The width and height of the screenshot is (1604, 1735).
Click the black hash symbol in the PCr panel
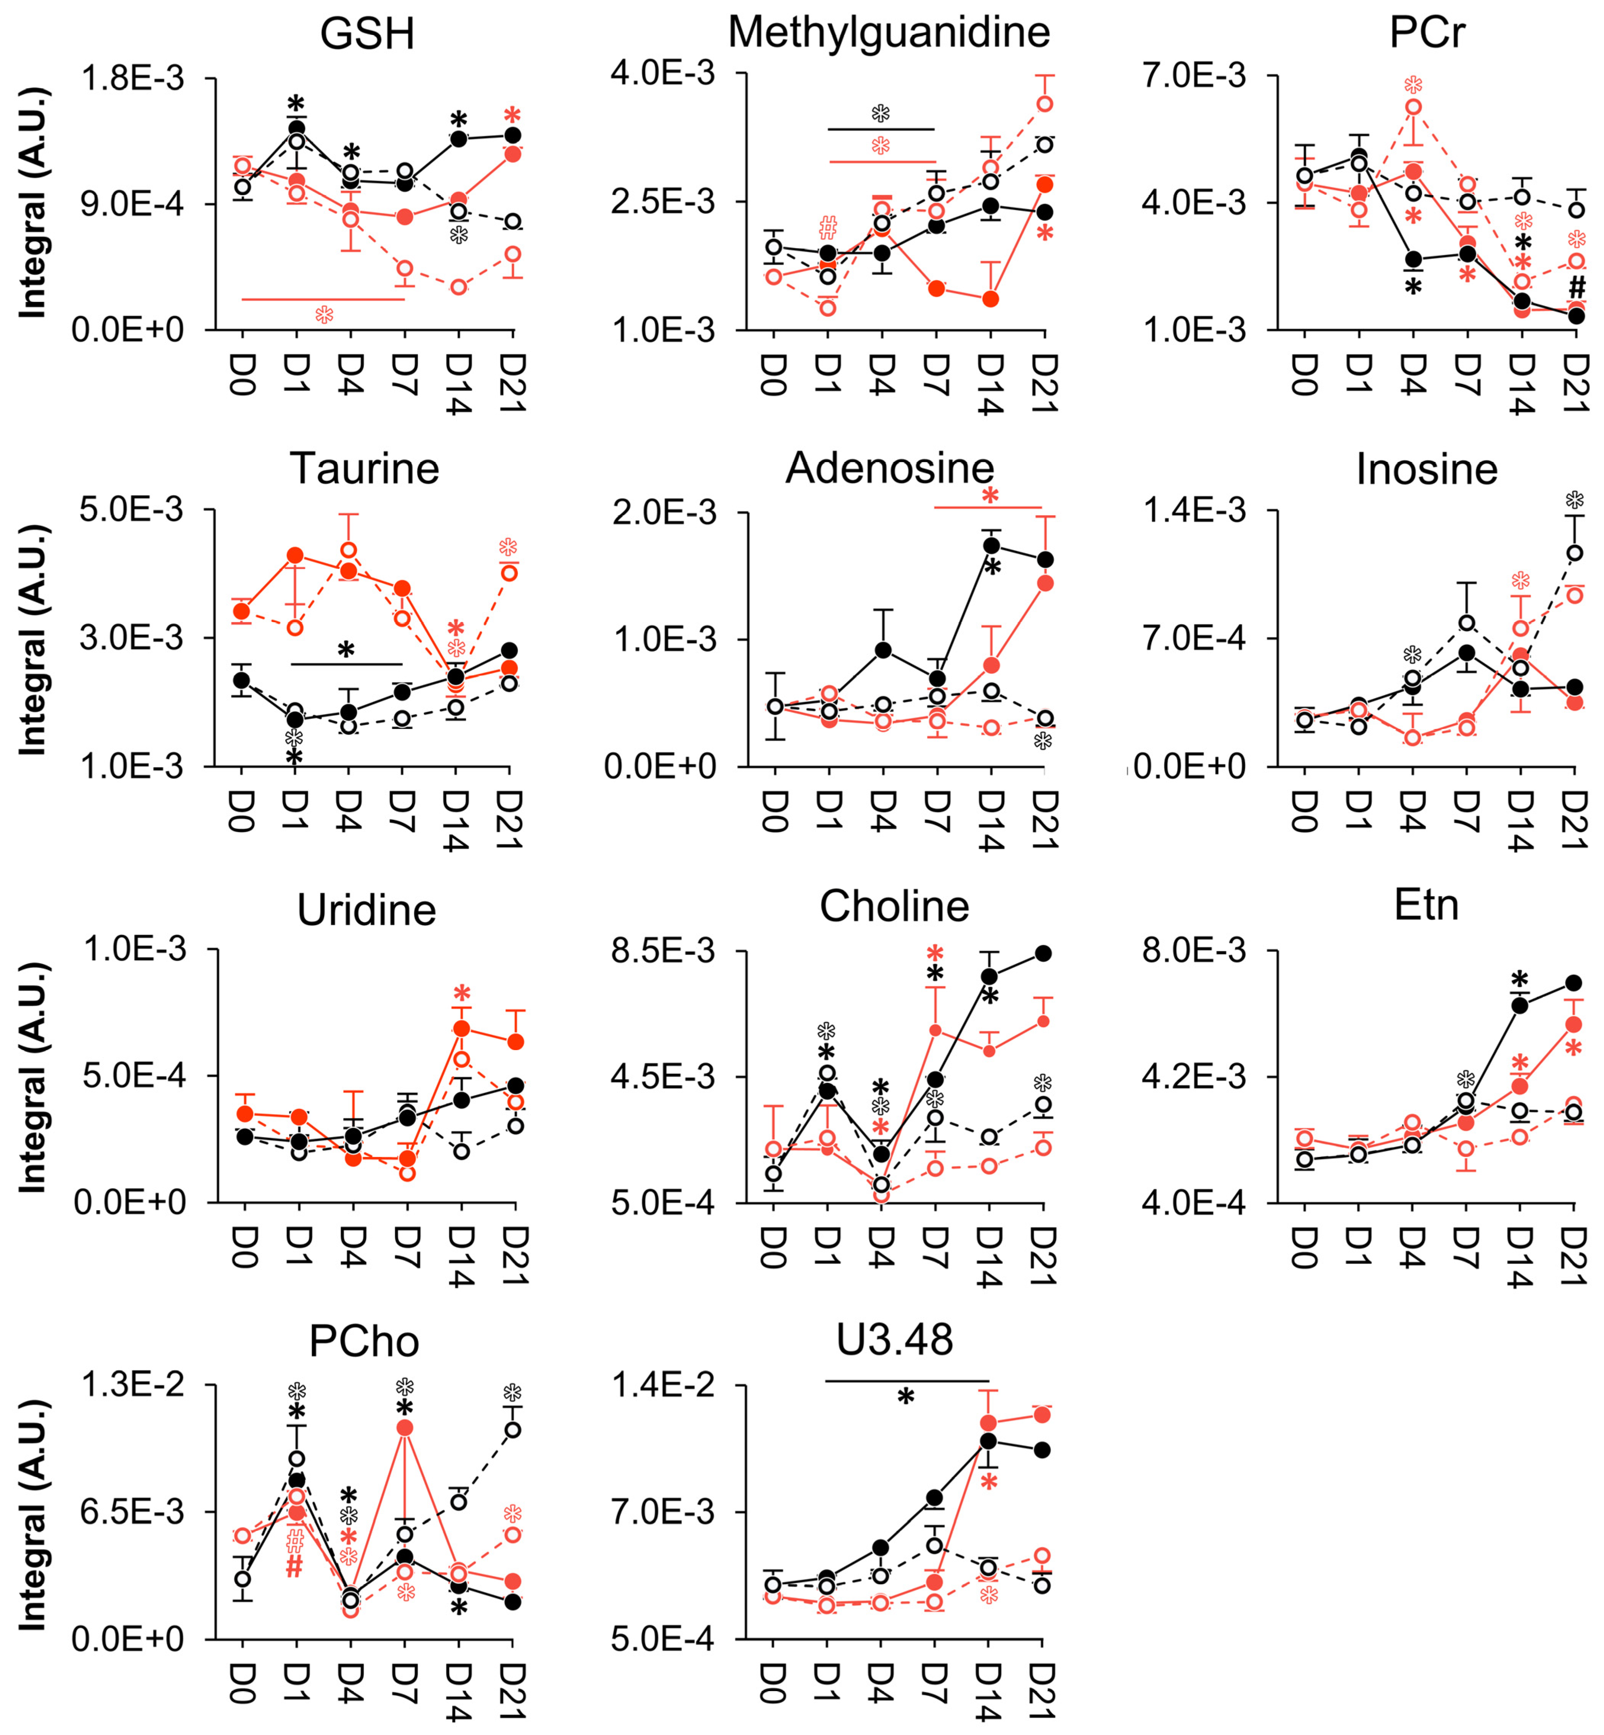1577,287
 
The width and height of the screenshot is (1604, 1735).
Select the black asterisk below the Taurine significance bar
346,650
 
